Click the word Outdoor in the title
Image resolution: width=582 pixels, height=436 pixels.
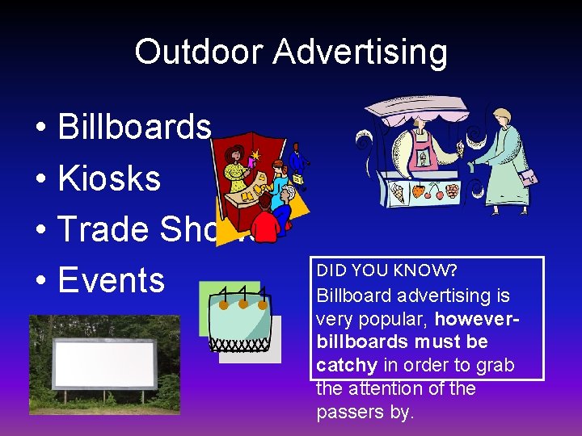click(x=199, y=52)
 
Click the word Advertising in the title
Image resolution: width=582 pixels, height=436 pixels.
click(x=360, y=52)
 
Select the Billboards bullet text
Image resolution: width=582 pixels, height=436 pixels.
click(x=134, y=127)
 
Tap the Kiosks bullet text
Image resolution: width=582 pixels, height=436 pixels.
click(x=109, y=178)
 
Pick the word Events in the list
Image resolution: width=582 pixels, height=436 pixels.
click(x=112, y=280)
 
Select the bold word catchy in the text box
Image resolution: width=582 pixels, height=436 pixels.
click(x=347, y=365)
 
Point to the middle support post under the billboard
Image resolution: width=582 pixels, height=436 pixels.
click(x=104, y=397)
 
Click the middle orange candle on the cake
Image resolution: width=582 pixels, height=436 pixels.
click(x=243, y=304)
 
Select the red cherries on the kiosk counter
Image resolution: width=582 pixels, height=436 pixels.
click(x=433, y=192)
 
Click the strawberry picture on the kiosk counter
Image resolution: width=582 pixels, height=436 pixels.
click(x=417, y=192)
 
